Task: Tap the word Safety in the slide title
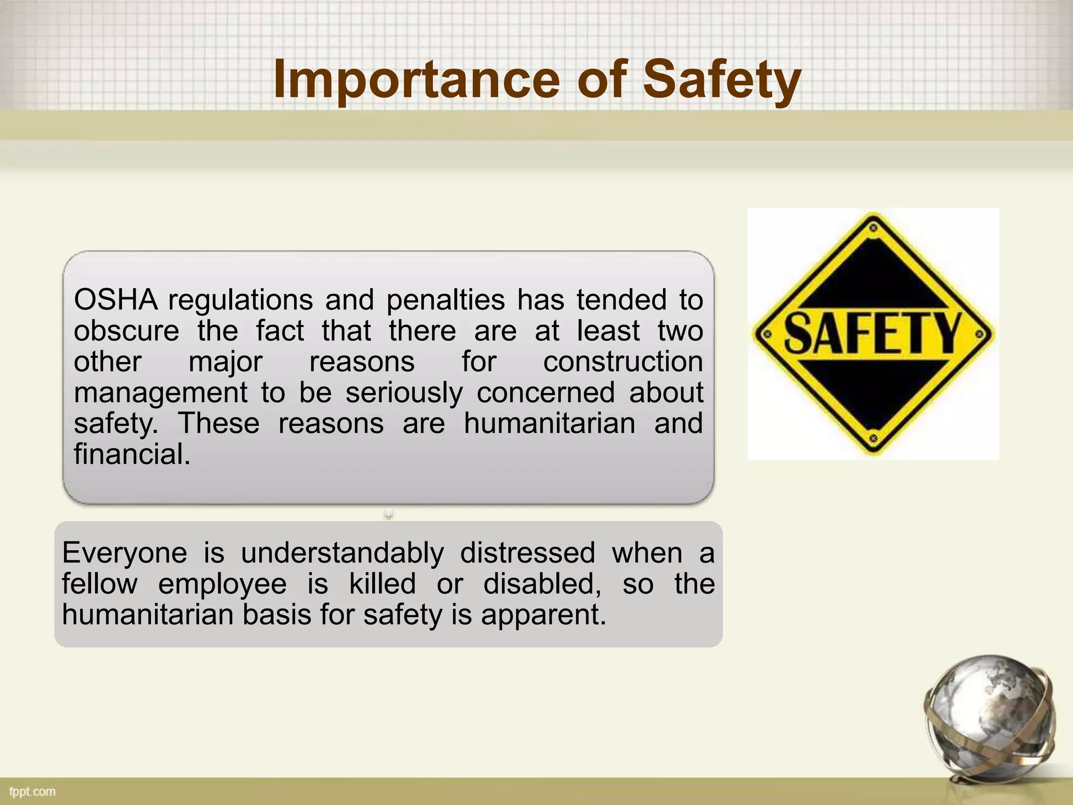tap(722, 80)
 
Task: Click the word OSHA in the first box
tap(115, 300)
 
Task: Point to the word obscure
tap(126, 331)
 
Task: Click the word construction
tap(622, 362)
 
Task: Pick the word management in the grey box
tap(160, 393)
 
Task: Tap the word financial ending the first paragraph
tap(132, 454)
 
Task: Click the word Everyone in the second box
tap(124, 553)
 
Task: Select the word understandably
tap(343, 553)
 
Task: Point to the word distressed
tap(528, 553)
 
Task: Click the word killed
tap(382, 584)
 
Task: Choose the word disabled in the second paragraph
tap(542, 584)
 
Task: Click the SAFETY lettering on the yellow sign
tap(873, 333)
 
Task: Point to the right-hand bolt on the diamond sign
tap(979, 334)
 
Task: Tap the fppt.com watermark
tap(32, 791)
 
